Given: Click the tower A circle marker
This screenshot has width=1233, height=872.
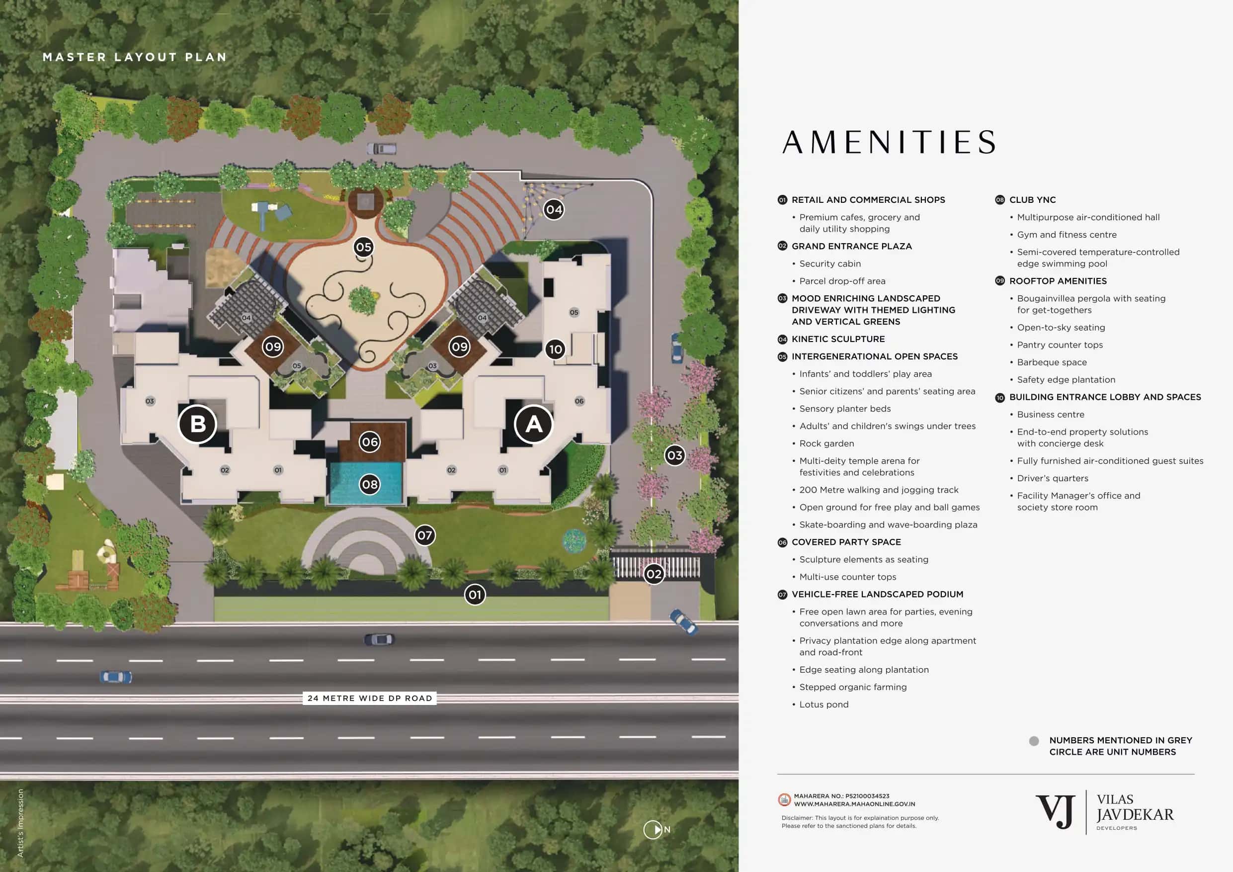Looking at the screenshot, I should [x=533, y=424].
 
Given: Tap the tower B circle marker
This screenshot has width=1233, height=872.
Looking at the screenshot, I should [x=198, y=424].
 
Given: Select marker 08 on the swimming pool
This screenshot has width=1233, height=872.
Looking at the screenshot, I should [x=369, y=484].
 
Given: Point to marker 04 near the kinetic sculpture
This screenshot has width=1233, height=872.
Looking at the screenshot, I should [x=554, y=209].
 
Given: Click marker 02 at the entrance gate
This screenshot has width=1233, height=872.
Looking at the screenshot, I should [x=654, y=574].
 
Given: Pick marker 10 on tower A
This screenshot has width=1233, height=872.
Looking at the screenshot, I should [x=555, y=349].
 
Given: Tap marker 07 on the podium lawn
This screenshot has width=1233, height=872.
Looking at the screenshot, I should [x=424, y=535].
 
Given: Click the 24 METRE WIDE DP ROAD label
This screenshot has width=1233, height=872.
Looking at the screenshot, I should [x=369, y=698].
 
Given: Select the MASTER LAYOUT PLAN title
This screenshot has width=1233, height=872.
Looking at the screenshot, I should [x=134, y=57].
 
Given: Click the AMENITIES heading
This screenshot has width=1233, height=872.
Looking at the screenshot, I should [x=889, y=142].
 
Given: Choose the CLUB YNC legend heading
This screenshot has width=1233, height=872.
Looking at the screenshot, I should [x=1032, y=200].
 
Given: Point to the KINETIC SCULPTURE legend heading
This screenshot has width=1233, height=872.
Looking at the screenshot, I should [x=838, y=339].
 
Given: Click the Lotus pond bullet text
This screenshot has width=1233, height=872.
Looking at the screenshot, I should [x=823, y=704].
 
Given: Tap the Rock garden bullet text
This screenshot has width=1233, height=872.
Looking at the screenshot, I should [x=826, y=443].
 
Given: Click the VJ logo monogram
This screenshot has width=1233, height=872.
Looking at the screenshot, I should [x=1055, y=812].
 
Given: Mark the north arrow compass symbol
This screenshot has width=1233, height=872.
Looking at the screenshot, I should [x=653, y=830].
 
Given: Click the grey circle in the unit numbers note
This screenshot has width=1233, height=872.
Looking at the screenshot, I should [x=1034, y=741].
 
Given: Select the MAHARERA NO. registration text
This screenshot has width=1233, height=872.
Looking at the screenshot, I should [x=841, y=796].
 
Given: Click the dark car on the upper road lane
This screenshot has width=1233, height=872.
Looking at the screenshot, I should [x=379, y=639].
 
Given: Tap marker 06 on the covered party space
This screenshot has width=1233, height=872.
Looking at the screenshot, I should [x=369, y=441].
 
